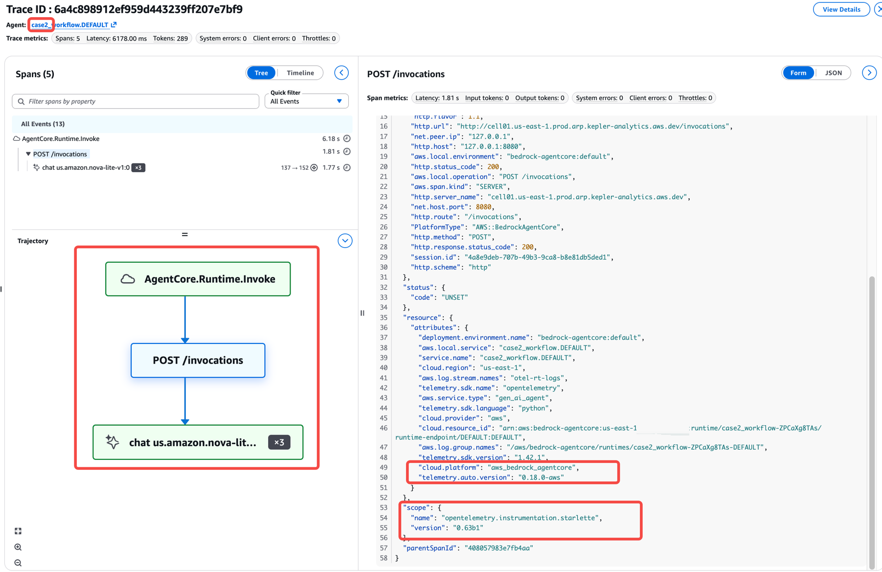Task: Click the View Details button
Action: point(841,9)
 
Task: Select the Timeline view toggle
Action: point(300,73)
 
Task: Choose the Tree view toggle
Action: point(261,73)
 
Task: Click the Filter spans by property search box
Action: point(136,101)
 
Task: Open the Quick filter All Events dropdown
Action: point(306,101)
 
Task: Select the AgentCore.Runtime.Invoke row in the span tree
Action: point(61,139)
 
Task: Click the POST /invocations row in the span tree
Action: point(60,154)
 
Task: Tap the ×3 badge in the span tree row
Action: point(138,168)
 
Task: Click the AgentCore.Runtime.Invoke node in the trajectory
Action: point(198,279)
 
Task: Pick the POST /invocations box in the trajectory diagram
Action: point(198,360)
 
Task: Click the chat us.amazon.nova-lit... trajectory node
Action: point(198,442)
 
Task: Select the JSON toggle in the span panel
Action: point(834,73)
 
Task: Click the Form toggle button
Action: point(798,73)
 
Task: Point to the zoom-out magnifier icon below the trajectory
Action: point(18,563)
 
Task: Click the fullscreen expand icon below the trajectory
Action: point(18,531)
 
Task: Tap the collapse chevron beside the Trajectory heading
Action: point(345,241)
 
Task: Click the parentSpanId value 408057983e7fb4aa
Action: point(498,548)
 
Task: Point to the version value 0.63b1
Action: point(468,528)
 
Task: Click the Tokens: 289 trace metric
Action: point(170,38)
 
